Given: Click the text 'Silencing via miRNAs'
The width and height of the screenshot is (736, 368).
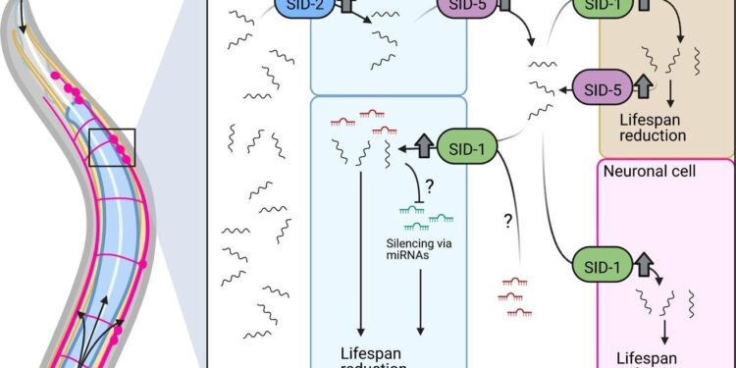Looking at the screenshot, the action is tap(429, 248).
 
